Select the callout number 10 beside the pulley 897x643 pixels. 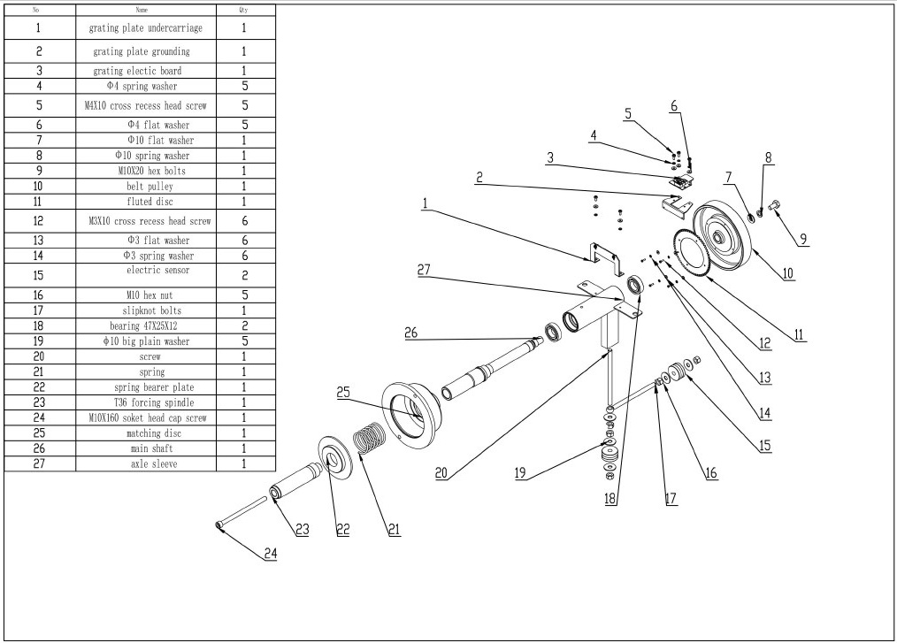pos(787,272)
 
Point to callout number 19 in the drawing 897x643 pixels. pos(521,473)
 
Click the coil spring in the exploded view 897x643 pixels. pos(371,442)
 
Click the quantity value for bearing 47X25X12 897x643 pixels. pos(244,325)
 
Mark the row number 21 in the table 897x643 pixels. pos(39,372)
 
